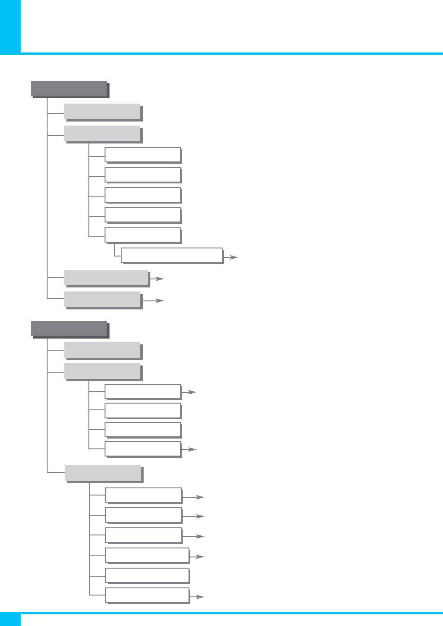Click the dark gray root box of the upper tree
(x=69, y=88)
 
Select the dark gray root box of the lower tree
(x=69, y=329)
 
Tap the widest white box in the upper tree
(x=171, y=255)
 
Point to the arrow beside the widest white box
(x=231, y=257)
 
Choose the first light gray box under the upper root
(x=102, y=112)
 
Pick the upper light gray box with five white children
(x=102, y=133)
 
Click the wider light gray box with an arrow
(x=106, y=278)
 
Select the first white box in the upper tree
(x=143, y=155)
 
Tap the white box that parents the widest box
(x=143, y=235)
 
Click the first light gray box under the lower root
(x=102, y=350)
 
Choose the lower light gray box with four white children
(x=102, y=371)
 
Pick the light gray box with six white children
(x=103, y=473)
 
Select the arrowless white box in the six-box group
(x=147, y=575)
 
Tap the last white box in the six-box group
(x=147, y=595)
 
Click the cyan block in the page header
(x=10, y=27)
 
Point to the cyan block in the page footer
(x=10, y=619)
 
